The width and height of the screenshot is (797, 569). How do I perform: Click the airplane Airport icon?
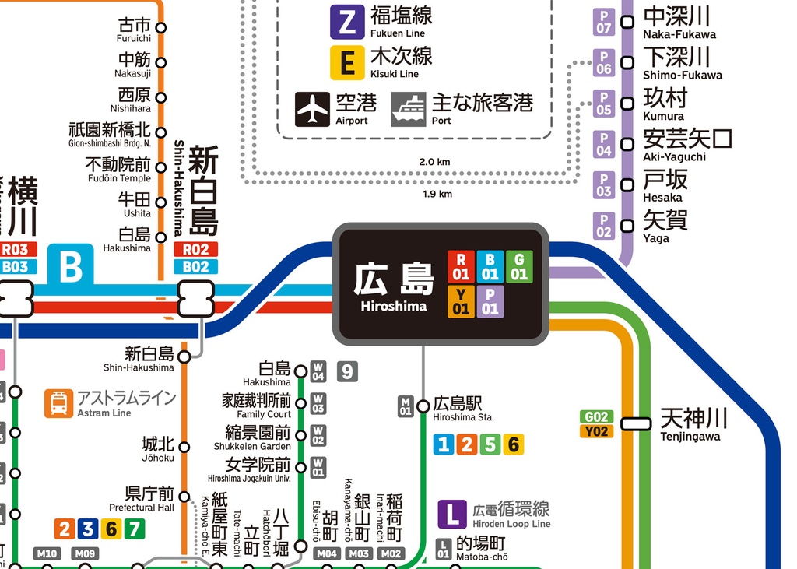pos(313,109)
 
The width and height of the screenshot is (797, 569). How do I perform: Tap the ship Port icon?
pos(409,109)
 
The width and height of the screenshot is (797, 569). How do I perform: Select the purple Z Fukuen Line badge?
pos(347,22)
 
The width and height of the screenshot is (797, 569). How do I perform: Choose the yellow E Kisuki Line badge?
pos(347,62)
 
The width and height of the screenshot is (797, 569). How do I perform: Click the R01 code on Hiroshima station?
pos(461,266)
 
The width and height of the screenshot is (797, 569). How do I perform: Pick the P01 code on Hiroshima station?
pos(490,301)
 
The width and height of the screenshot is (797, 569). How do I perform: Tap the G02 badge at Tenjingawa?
pos(596,416)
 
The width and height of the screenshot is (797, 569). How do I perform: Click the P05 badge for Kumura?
pos(604,104)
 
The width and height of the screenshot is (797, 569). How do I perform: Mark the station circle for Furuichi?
pos(161,28)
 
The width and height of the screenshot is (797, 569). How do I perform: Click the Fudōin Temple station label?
pos(119,170)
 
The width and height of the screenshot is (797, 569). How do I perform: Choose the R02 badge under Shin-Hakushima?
pos(196,250)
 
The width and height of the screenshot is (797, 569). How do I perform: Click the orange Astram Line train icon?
pos(58,403)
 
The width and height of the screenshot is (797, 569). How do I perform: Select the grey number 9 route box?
pos(347,371)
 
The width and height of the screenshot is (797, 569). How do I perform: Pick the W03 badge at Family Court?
pos(318,403)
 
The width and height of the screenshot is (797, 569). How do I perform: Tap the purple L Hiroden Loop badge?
pos(451,514)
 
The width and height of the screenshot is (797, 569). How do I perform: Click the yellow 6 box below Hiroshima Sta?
pos(513,444)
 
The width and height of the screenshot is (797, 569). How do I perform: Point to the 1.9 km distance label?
pos(437,194)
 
